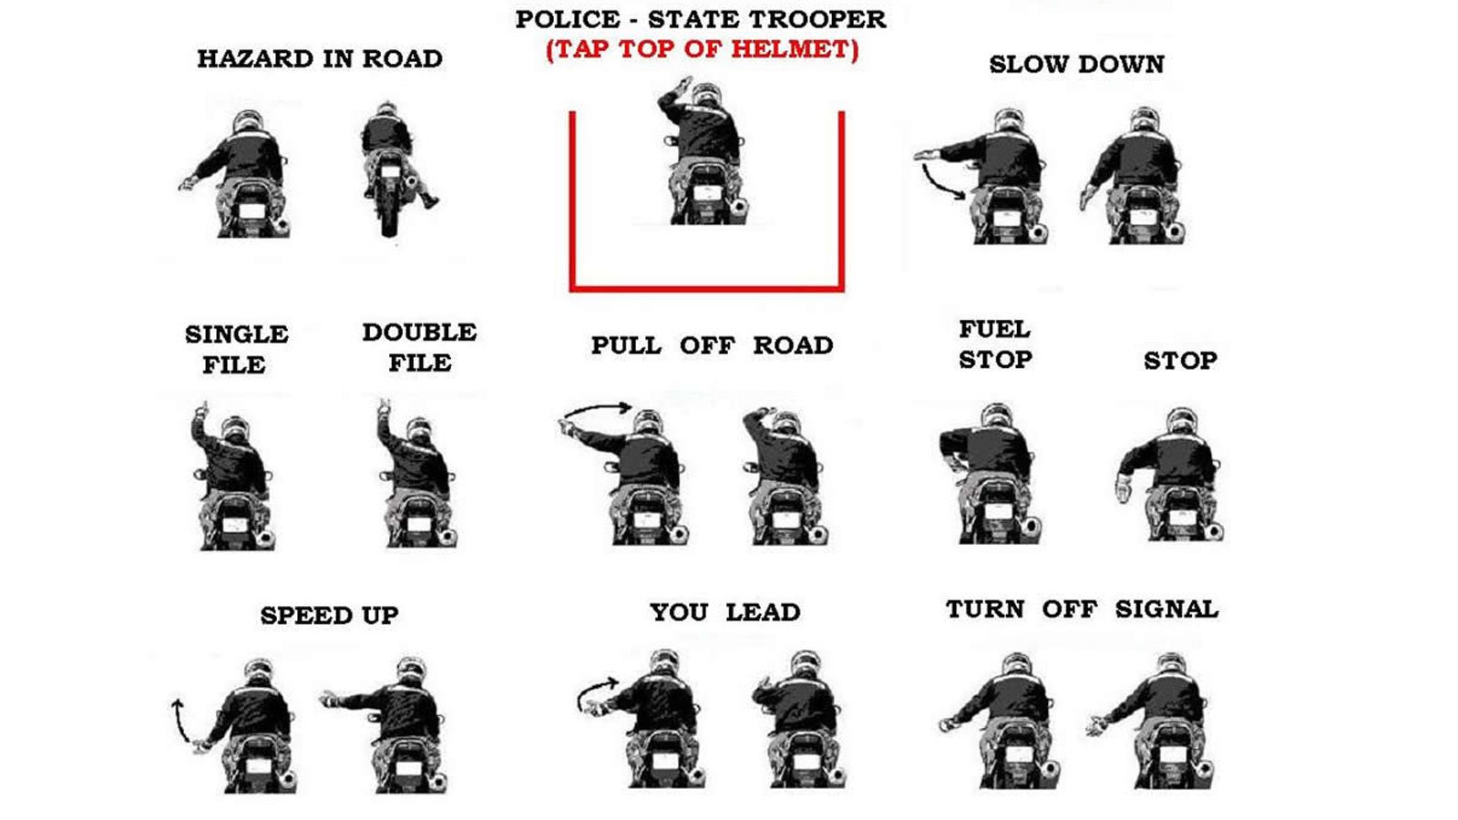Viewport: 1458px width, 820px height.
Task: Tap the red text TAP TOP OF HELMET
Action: point(703,49)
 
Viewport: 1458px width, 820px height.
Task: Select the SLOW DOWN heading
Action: point(1076,65)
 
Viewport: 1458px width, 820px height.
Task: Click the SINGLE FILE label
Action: point(236,350)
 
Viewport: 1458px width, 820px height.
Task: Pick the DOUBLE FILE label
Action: point(420,347)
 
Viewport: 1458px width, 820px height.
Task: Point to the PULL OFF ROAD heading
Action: point(712,345)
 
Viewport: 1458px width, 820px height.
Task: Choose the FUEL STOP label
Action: point(995,344)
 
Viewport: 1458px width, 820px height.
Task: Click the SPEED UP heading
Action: point(329,616)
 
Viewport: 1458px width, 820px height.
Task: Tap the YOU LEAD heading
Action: point(725,612)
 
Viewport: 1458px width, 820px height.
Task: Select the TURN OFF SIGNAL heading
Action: point(1082,610)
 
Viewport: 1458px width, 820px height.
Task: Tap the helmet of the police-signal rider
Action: point(705,94)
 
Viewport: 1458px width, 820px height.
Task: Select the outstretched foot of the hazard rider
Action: point(430,201)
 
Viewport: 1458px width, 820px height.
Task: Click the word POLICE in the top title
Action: point(568,19)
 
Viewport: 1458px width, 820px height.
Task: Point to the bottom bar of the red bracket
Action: point(707,288)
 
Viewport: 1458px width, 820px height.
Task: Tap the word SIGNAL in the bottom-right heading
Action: point(1167,610)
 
